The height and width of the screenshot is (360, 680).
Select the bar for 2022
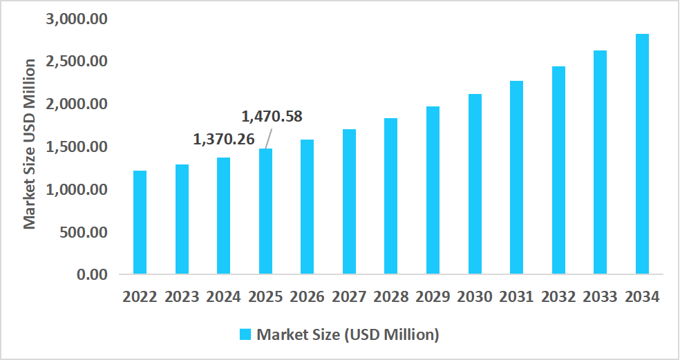coord(140,222)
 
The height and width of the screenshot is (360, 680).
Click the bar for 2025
coord(265,211)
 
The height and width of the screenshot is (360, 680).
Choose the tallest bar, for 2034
coord(642,153)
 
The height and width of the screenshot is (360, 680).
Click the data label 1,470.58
coord(272,116)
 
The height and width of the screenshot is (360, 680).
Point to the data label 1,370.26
coord(223,140)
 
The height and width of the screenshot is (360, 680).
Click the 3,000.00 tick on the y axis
coord(77,19)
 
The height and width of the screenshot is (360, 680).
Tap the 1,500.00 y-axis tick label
coord(77,146)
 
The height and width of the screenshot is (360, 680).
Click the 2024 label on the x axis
coord(223,297)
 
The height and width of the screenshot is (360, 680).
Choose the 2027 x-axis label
coord(349,297)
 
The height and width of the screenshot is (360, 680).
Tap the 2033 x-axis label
coord(600,297)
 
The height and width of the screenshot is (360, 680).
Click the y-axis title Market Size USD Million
coord(29,144)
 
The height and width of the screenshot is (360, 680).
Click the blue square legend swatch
coord(245,334)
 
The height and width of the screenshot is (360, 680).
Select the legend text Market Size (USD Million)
coord(348,334)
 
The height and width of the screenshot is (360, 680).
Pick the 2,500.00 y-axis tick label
coord(77,61)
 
